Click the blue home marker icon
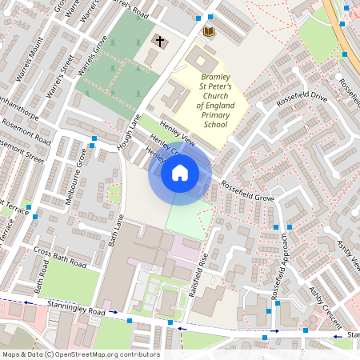click(180, 172)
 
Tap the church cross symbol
click(159, 40)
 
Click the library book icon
click(209, 31)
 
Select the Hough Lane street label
click(130, 132)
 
